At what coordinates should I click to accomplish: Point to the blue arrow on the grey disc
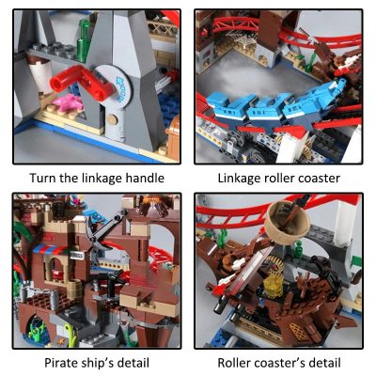tap(126, 83)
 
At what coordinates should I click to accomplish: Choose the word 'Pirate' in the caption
tap(62, 363)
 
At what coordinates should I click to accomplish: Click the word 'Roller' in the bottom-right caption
tap(235, 363)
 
